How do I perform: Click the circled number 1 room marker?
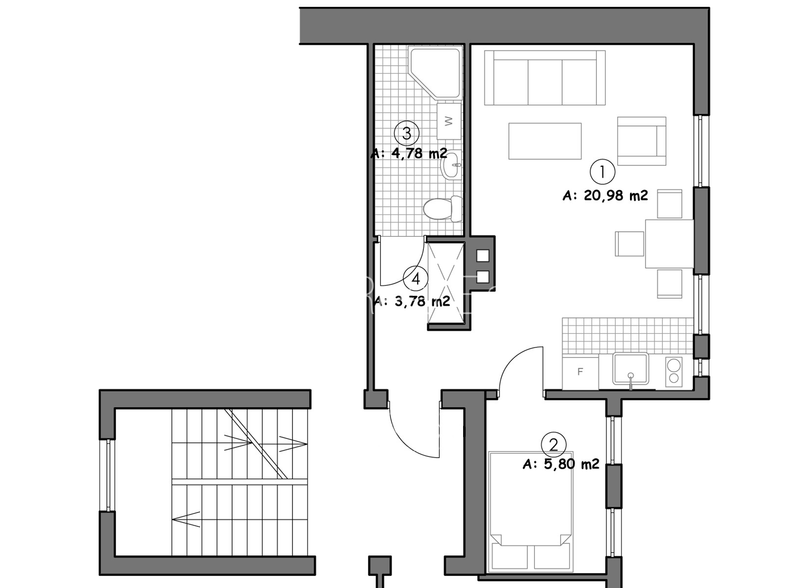click(x=602, y=171)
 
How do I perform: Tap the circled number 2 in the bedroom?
click(x=553, y=444)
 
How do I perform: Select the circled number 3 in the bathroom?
click(x=407, y=133)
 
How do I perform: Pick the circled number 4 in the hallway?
click(x=416, y=279)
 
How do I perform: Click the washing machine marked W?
click(x=449, y=121)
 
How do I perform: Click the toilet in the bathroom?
click(x=443, y=209)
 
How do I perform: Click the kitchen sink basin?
click(x=630, y=368)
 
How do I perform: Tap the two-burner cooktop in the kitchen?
click(x=674, y=371)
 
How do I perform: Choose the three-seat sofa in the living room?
click(x=545, y=78)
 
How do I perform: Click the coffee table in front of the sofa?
click(x=545, y=141)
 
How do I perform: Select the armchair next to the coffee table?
click(x=642, y=141)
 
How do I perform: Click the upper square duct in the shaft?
click(x=483, y=256)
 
